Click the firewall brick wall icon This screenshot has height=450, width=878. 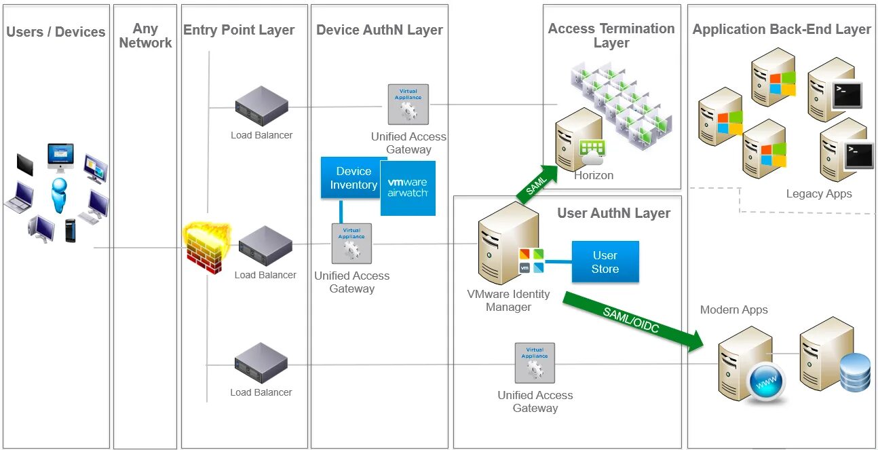(x=206, y=249)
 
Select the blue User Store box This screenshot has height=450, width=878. (x=605, y=262)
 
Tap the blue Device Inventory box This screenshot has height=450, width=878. (x=353, y=178)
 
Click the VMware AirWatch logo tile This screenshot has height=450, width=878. (x=408, y=188)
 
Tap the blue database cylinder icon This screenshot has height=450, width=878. (x=855, y=372)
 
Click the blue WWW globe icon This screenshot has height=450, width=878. (x=765, y=383)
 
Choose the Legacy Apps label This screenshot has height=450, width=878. (x=818, y=193)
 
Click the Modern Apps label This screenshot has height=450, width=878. (x=733, y=310)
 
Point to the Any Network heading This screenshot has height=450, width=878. (x=145, y=36)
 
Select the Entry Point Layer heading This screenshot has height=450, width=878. (x=239, y=30)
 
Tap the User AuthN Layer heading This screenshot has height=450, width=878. (x=613, y=213)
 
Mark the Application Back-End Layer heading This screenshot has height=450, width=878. (x=781, y=29)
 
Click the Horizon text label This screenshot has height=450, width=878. (x=594, y=175)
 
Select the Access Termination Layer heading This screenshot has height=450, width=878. (x=611, y=35)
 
